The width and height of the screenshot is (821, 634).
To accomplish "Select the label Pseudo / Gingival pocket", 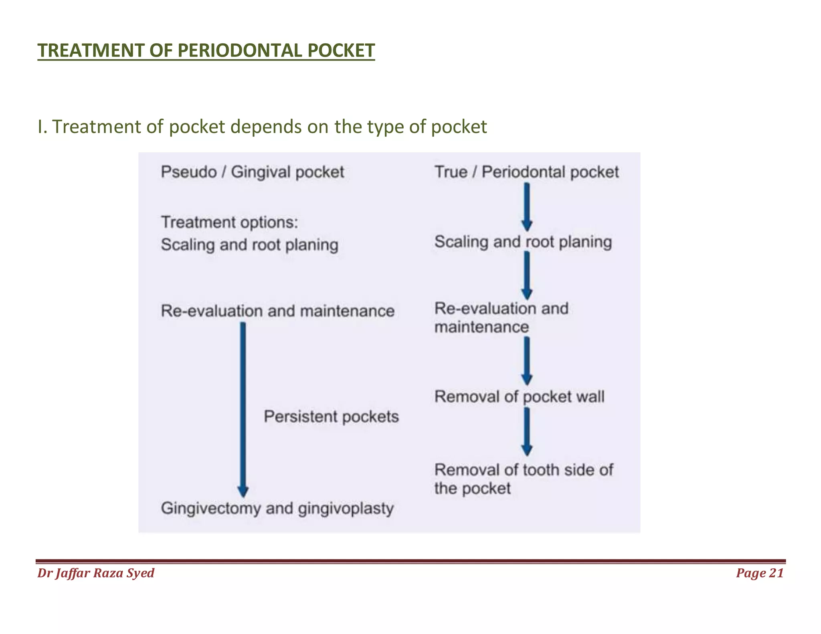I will (252, 172).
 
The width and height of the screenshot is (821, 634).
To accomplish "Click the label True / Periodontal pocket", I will (526, 172).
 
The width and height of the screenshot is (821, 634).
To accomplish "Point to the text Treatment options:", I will (229, 222).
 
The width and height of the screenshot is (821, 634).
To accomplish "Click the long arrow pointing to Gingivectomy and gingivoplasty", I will (243, 409).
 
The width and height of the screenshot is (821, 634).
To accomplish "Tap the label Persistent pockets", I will (331, 417).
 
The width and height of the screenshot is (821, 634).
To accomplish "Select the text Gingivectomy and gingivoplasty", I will (277, 509).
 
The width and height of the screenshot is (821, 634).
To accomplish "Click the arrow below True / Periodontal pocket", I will (527, 206).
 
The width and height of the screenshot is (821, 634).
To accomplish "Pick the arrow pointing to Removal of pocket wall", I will (527, 361).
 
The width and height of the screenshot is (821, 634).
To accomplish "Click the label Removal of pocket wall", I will (519, 397).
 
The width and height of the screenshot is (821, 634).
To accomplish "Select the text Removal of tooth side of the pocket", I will (523, 479).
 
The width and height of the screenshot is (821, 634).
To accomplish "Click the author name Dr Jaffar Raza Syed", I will (96, 573).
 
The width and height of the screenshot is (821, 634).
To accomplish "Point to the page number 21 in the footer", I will (776, 573).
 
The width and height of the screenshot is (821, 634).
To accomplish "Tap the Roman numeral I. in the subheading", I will (42, 127).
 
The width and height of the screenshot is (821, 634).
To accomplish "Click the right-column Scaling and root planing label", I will (523, 242).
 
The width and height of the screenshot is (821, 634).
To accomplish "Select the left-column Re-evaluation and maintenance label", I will (277, 311).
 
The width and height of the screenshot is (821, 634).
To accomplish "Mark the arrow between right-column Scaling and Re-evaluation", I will (527, 275).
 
